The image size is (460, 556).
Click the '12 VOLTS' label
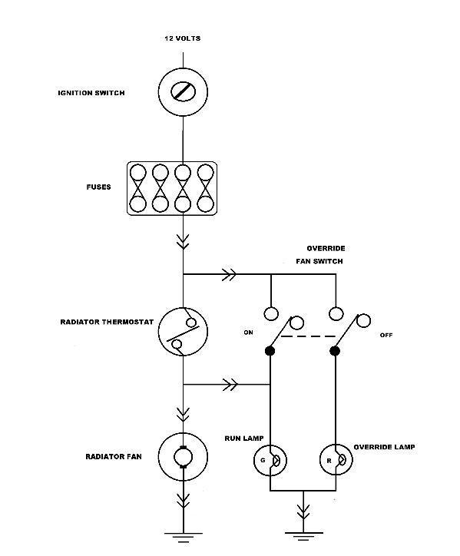coord(182,38)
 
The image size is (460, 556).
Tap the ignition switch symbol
coord(183,92)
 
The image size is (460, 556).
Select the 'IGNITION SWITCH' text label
coord(91,93)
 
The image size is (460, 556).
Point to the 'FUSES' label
coord(98,187)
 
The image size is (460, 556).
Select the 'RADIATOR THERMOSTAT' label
coord(107,322)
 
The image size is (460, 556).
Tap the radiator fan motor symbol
coord(183,457)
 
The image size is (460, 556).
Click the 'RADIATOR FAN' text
coord(114,456)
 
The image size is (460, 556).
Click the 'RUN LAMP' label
coord(244,439)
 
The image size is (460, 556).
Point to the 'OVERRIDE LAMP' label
coord(384,447)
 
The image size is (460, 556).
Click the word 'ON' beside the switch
coord(248,333)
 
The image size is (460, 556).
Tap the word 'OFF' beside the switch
coord(386,335)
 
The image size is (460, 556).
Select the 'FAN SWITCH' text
coord(319,261)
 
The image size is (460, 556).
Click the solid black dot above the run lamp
coord(270,351)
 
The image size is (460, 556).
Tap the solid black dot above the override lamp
coord(335,351)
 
